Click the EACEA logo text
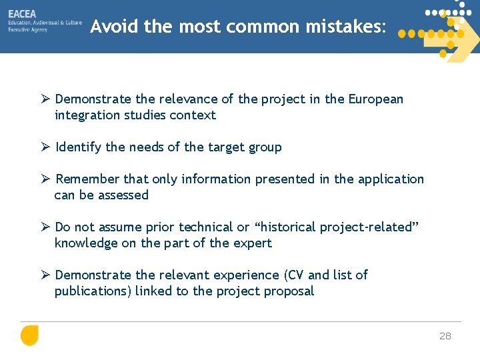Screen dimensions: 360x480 click(23, 13)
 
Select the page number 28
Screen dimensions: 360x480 click(445, 336)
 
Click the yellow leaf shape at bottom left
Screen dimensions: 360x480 click(29, 335)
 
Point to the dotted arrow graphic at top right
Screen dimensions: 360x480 click(443, 30)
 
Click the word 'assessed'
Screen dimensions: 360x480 click(123, 195)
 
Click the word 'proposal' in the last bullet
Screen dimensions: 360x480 click(288, 291)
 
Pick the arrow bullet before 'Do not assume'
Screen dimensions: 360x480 click(45, 227)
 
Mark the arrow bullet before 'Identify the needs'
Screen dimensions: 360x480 click(45, 147)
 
